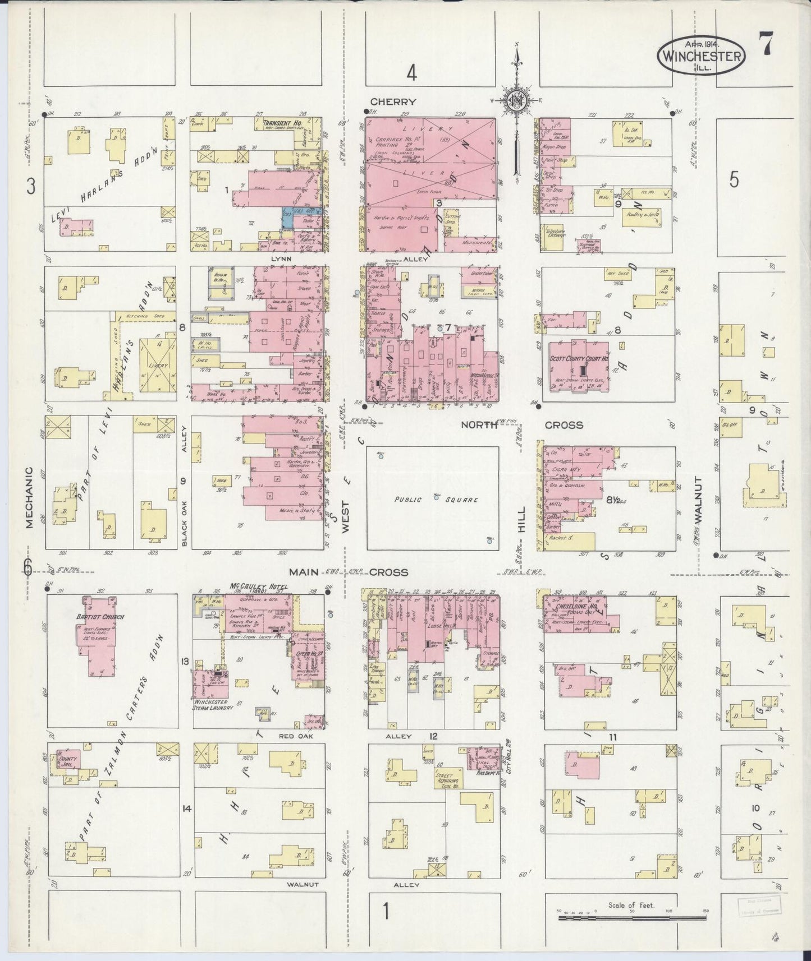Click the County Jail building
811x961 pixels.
[67, 761]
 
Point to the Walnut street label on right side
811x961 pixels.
[698, 500]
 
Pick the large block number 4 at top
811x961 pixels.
[413, 73]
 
